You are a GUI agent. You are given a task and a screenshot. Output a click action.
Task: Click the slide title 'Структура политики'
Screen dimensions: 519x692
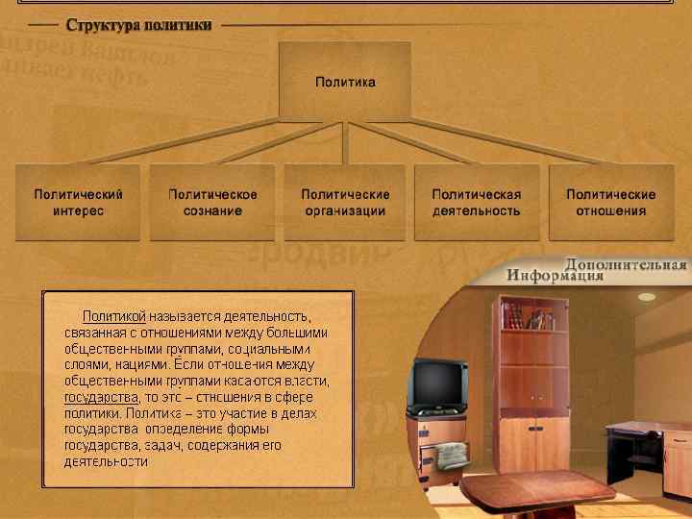point(138,24)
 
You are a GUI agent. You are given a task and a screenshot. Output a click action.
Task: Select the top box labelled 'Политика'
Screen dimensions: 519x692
point(345,82)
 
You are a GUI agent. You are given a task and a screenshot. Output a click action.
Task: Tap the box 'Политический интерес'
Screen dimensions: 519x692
point(78,202)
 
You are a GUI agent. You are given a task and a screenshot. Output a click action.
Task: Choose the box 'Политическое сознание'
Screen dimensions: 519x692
point(212,202)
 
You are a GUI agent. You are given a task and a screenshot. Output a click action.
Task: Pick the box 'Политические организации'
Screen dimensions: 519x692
point(345,202)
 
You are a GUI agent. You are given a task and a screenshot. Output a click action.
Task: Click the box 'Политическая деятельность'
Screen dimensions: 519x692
point(477,202)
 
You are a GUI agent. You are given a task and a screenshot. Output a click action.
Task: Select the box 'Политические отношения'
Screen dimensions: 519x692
point(610,202)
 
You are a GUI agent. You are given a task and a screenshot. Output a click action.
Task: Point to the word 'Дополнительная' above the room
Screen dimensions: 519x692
point(626,264)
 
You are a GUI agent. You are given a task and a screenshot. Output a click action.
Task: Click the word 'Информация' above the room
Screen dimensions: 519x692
point(556,276)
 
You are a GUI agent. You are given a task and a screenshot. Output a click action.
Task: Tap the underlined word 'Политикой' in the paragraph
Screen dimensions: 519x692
point(114,314)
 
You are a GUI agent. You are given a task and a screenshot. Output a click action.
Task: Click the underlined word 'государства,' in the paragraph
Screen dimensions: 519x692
point(101,396)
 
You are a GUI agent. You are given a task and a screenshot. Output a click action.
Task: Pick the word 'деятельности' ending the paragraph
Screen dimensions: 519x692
point(106,461)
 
